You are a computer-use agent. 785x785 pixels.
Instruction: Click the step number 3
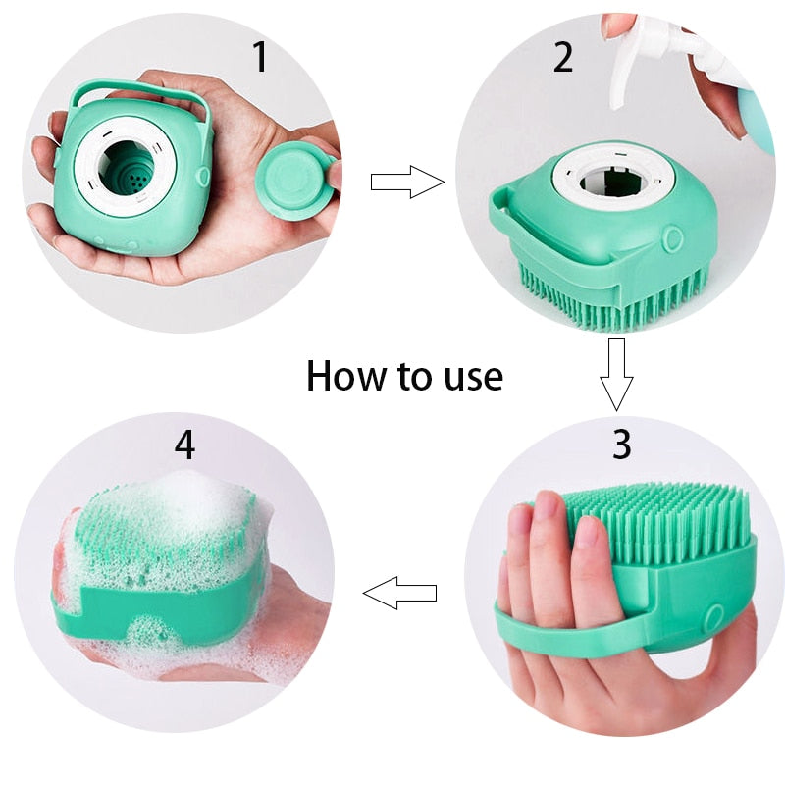pyautogui.click(x=622, y=444)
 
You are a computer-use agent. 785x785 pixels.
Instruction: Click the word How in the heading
pyautogui.click(x=341, y=376)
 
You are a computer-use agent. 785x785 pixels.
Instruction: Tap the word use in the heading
pyautogui.click(x=469, y=377)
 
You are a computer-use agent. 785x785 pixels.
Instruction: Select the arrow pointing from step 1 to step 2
pyautogui.click(x=406, y=182)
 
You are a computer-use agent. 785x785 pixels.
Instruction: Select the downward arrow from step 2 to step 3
pyautogui.click(x=617, y=373)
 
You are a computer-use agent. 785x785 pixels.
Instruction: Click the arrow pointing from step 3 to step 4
pyautogui.click(x=399, y=593)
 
